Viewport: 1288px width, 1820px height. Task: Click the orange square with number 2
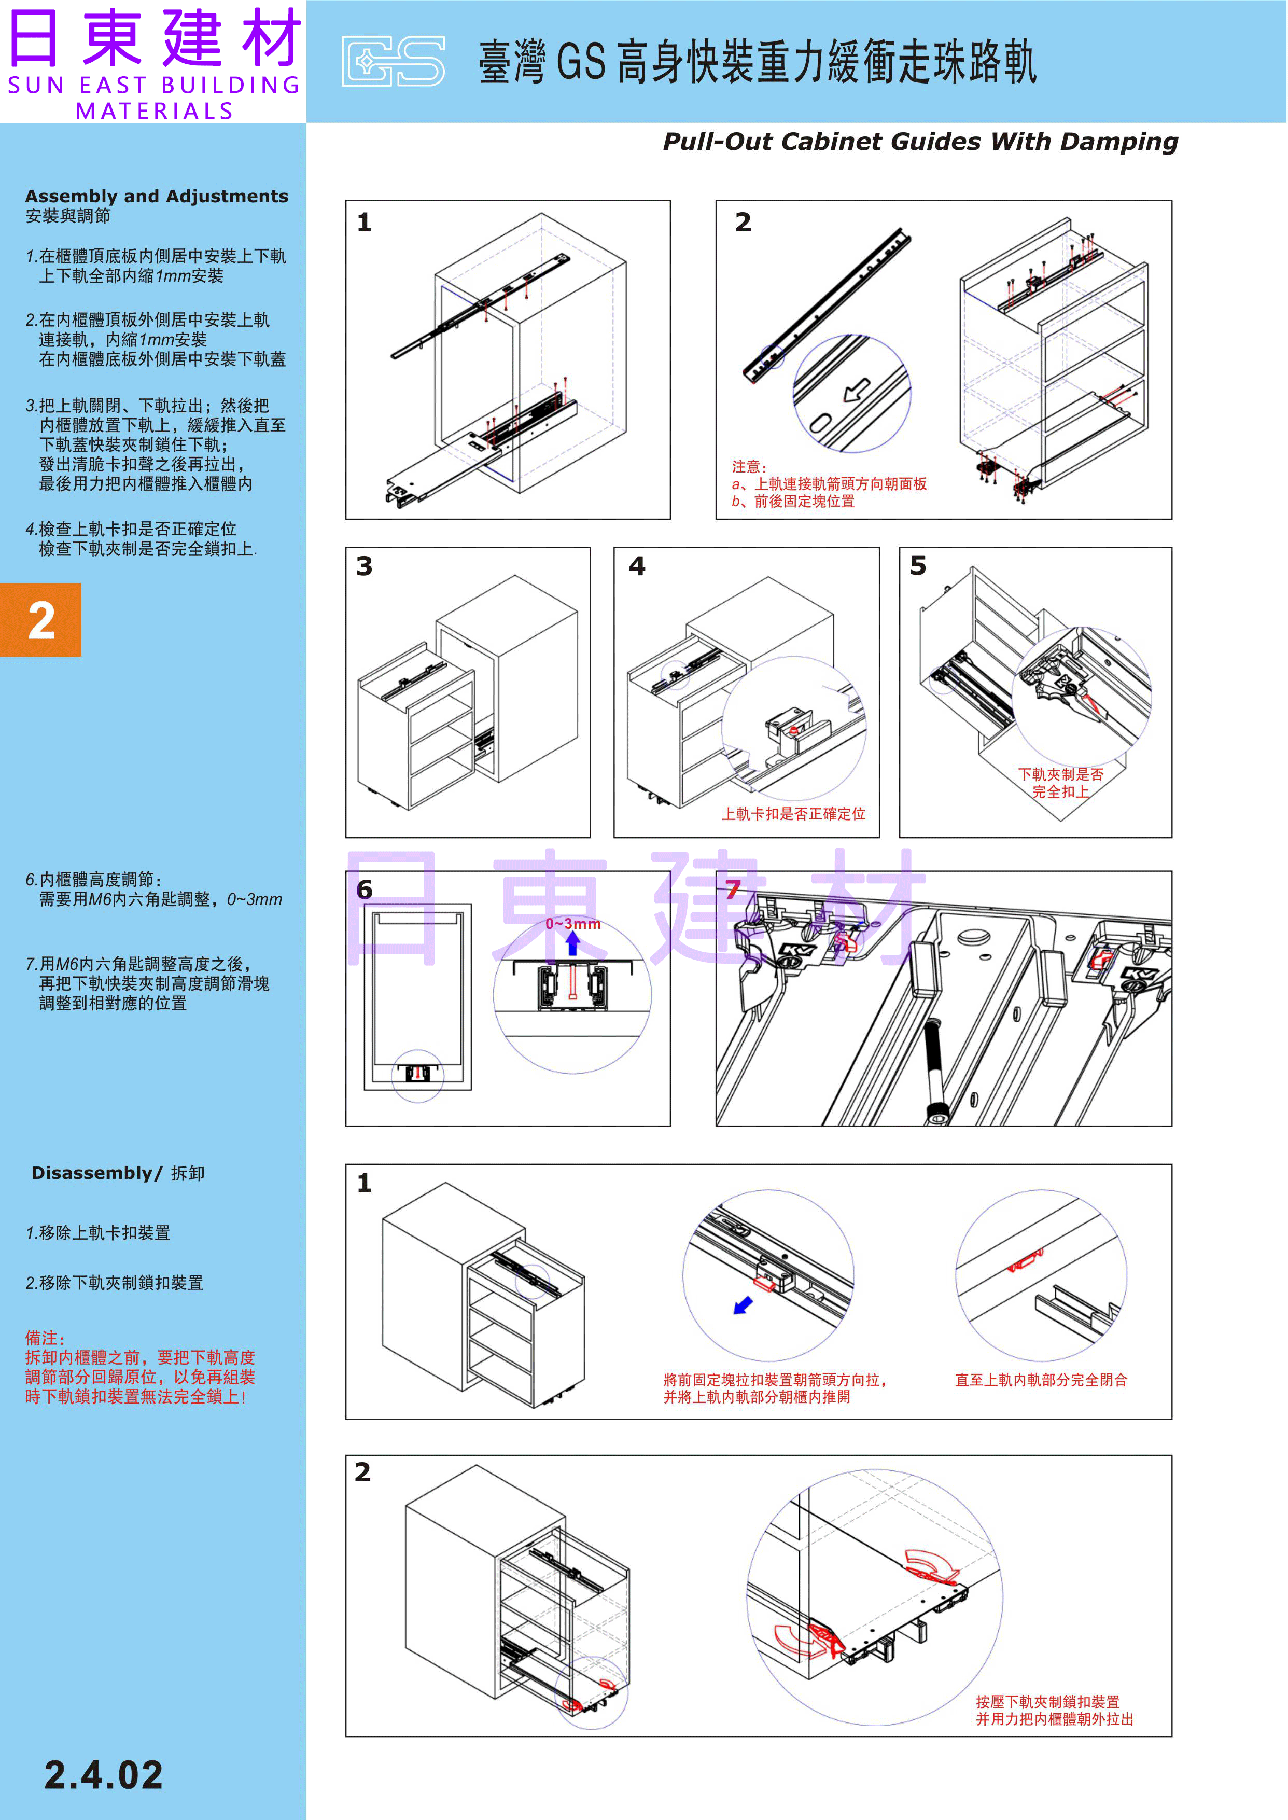coord(40,620)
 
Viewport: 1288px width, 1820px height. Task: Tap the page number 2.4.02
coord(103,1775)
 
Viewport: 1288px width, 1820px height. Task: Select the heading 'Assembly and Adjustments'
coord(156,196)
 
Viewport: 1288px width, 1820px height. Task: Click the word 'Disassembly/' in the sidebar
coord(97,1173)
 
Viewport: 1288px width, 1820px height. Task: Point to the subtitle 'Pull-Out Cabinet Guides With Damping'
coord(920,141)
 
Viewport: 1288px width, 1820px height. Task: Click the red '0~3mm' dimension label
coord(572,924)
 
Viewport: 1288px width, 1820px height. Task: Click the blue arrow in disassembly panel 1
coord(743,1305)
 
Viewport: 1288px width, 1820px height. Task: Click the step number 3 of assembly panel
coord(364,566)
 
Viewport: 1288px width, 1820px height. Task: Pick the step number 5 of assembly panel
coord(918,566)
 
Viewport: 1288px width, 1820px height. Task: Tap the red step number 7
coord(732,890)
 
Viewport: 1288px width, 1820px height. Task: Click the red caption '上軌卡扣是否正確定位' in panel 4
coord(793,814)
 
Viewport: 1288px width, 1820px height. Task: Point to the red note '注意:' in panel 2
coord(749,467)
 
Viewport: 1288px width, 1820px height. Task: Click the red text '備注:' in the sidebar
coord(45,1338)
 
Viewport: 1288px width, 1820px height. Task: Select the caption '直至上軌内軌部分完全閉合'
coord(1041,1380)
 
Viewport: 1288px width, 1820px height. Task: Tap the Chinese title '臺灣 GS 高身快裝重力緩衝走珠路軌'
coord(758,62)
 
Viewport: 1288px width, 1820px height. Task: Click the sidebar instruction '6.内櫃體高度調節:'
coord(93,880)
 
